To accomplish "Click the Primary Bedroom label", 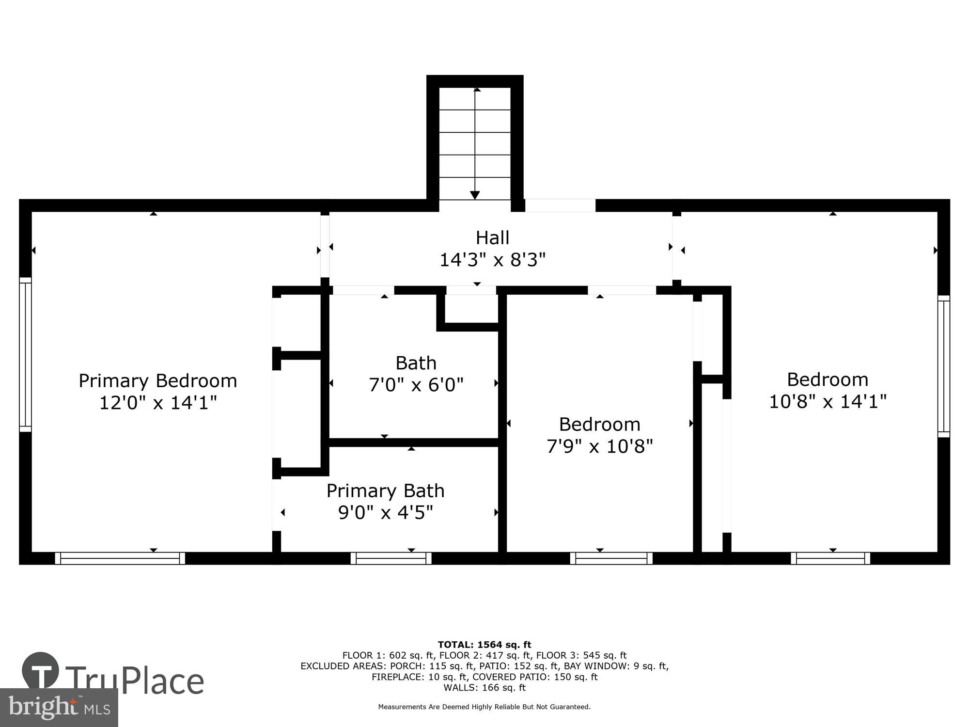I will tap(158, 381).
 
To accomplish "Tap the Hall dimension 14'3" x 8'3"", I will tap(492, 260).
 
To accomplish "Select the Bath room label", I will tap(416, 363).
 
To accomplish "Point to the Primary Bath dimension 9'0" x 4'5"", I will tap(385, 512).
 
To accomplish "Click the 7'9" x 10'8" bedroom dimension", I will tap(600, 446).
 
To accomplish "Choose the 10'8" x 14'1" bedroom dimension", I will tap(828, 401).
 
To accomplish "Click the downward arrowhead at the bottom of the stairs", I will tap(475, 195).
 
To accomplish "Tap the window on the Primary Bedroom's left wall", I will tap(25, 354).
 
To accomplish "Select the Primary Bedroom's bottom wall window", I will tap(120, 558).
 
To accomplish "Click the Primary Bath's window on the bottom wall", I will tap(391, 558).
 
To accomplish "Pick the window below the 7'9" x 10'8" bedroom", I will tap(611, 558).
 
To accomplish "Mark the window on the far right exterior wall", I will tap(943, 366).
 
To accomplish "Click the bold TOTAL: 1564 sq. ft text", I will tap(484, 645).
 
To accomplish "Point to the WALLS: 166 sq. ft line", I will tap(484, 687).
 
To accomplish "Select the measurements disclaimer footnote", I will tap(484, 707).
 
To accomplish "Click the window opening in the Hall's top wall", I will tap(560, 205).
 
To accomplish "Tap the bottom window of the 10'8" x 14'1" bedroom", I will tap(830, 558).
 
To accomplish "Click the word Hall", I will tap(492, 238).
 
